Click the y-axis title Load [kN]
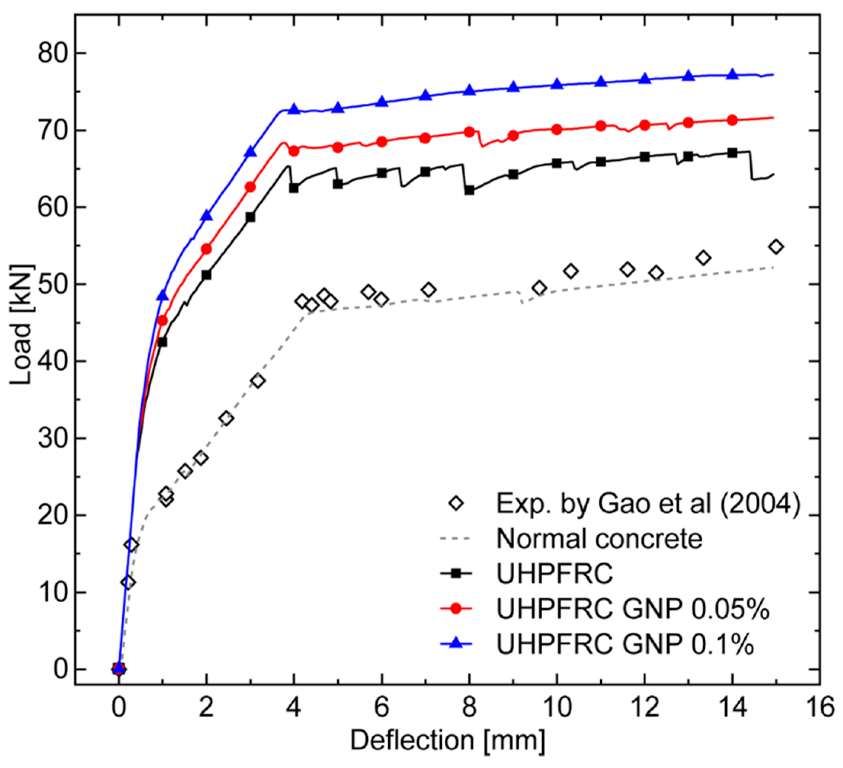tap(22, 325)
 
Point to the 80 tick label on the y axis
tap(53, 53)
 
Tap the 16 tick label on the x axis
tap(820, 708)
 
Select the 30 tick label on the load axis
tap(53, 438)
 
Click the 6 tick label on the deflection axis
tap(381, 708)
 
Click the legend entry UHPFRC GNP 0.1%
tap(625, 644)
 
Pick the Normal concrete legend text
tap(599, 539)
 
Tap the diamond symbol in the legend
tap(456, 503)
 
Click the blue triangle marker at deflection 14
tap(732, 74)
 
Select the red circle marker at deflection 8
tap(469, 132)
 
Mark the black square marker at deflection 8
tap(469, 190)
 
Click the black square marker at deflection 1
tap(162, 342)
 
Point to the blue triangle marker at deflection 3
tap(250, 152)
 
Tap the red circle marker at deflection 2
tap(206, 249)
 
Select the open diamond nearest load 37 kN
tap(258, 381)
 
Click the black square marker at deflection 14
tap(732, 153)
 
